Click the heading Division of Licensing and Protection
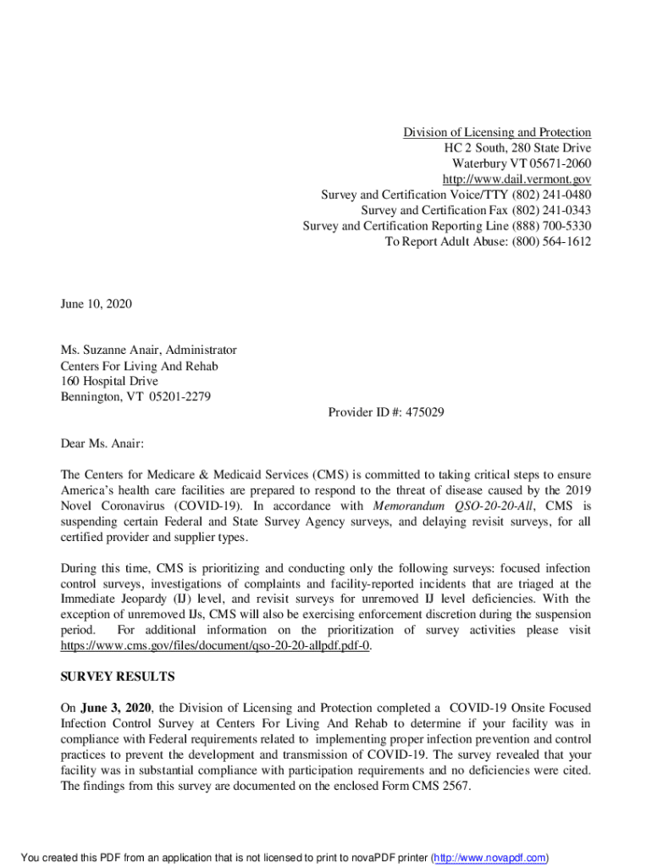[496, 132]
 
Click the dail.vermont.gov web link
[517, 179]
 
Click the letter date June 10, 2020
[96, 303]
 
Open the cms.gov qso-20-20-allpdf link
[215, 646]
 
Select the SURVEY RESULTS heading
[117, 676]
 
